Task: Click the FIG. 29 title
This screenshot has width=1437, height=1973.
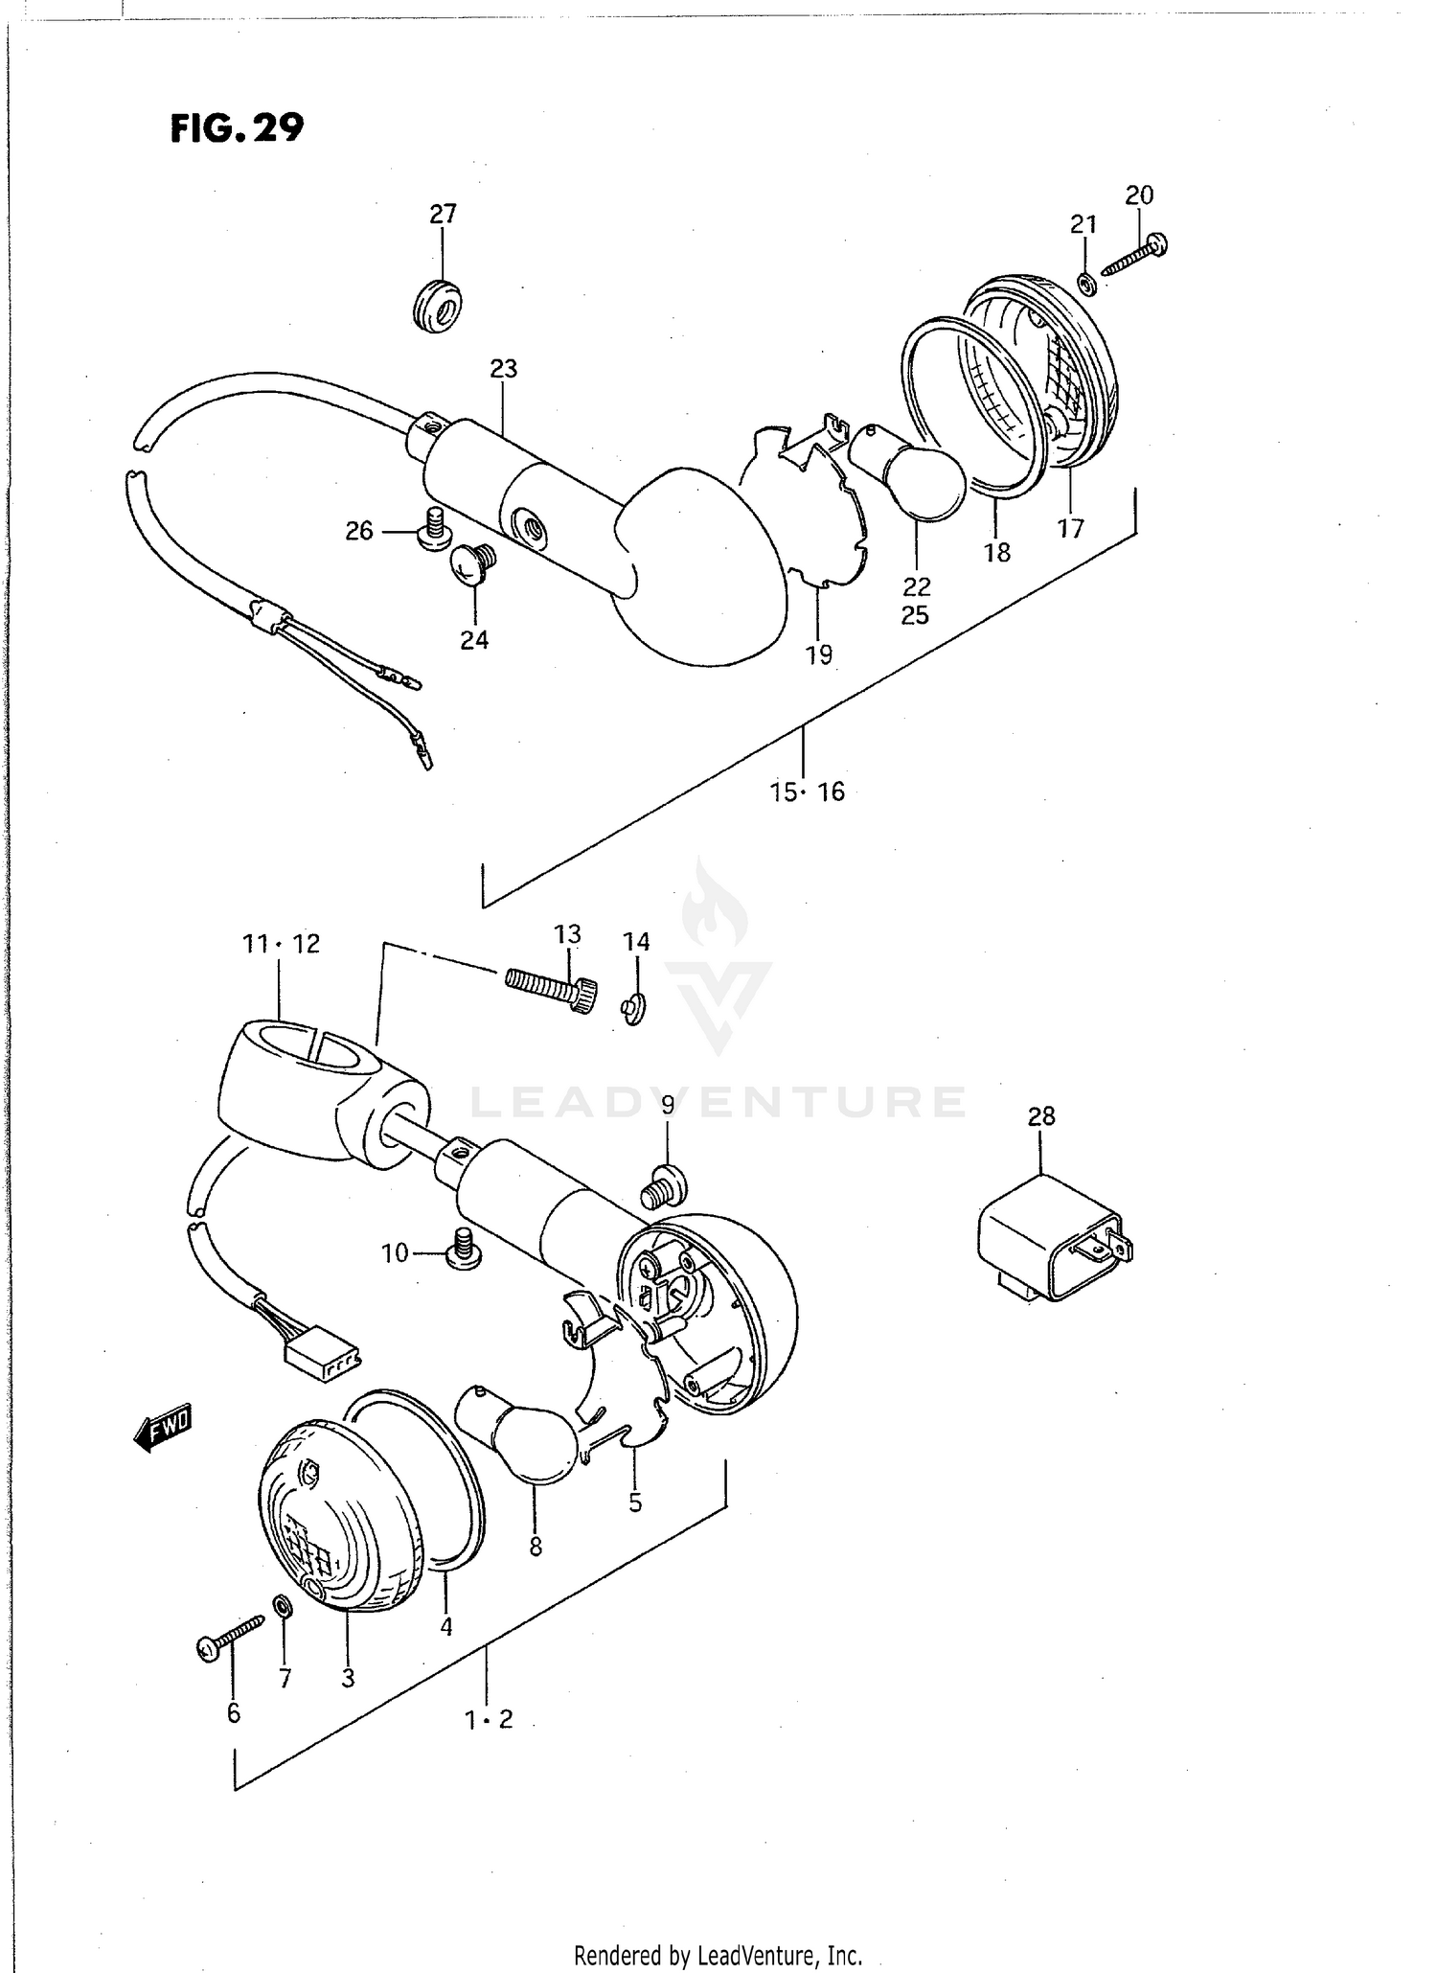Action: [237, 127]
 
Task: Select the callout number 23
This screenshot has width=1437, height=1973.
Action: [503, 369]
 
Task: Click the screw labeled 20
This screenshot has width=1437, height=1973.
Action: [1135, 257]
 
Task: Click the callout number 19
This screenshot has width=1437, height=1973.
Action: [819, 655]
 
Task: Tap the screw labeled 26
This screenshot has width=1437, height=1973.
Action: [436, 528]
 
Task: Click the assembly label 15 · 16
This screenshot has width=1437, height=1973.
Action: [808, 791]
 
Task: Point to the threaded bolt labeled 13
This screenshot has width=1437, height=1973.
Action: [550, 990]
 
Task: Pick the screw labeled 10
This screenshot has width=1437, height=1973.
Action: [463, 1249]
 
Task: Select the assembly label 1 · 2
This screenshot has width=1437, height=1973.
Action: [489, 1719]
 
